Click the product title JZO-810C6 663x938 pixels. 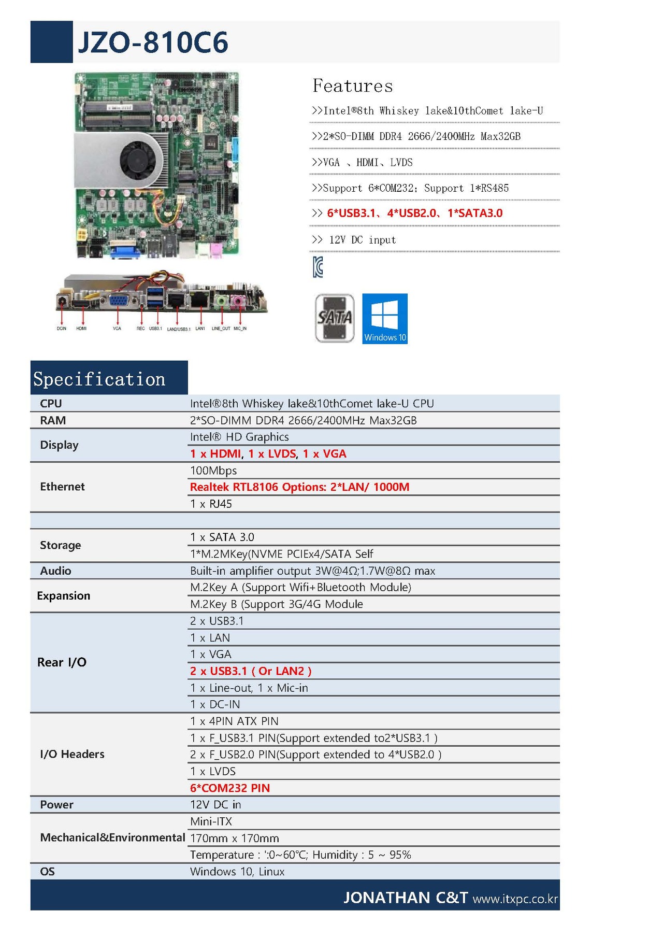click(x=153, y=42)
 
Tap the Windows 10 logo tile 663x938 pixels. click(x=385, y=318)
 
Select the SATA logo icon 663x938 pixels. click(x=335, y=318)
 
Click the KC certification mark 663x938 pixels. click(x=318, y=267)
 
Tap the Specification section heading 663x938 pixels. click(x=99, y=379)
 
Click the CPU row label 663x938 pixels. click(x=51, y=403)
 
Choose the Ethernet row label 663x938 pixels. click(x=62, y=487)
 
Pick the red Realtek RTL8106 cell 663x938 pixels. click(x=299, y=487)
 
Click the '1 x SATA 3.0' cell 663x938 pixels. click(x=222, y=537)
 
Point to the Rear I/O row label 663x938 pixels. click(x=62, y=662)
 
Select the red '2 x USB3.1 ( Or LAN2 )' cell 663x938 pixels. click(x=251, y=671)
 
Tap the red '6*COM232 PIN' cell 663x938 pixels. click(x=230, y=788)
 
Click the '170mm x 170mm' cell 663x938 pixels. click(x=234, y=838)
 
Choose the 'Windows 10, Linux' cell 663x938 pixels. click(x=237, y=872)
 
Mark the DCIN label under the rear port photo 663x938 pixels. click(x=62, y=329)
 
